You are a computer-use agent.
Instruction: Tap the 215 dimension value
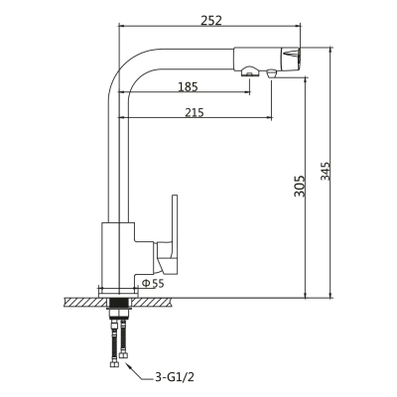click(x=195, y=112)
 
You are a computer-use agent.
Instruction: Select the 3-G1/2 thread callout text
click(x=176, y=377)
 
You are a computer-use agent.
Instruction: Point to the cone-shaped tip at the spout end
click(x=290, y=57)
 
